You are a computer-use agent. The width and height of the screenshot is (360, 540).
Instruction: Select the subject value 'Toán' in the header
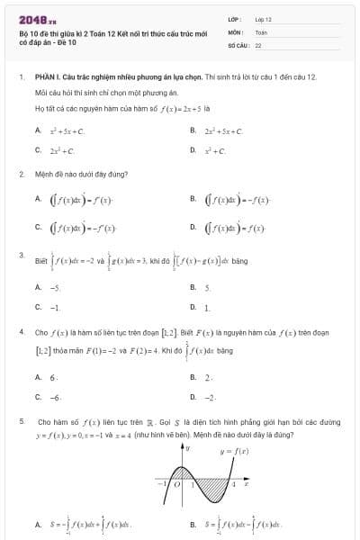pos(262,31)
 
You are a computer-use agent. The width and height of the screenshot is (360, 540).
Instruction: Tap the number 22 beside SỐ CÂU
pos(258,44)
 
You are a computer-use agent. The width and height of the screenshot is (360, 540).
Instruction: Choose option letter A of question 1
pos(38,131)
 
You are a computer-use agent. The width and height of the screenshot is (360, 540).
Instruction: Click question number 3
pos(21,256)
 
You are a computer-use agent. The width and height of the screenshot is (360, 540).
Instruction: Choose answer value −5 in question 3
pos(56,288)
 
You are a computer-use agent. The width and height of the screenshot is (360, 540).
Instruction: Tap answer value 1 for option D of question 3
pos(206,308)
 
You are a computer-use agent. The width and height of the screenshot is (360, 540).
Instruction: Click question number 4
pos(21,331)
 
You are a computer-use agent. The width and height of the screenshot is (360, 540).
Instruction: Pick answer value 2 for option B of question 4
pos(208,377)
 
